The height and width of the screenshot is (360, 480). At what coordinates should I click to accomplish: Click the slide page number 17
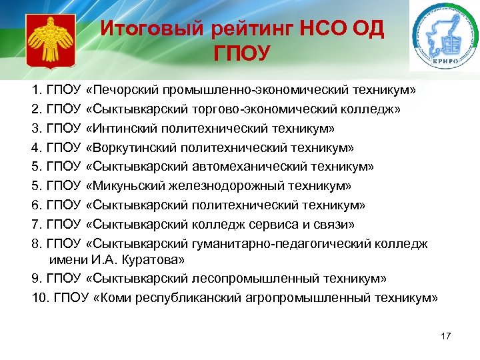[446, 335]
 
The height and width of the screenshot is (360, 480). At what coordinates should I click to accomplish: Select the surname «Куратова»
[157, 259]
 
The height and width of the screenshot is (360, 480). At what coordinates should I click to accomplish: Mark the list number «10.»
[39, 297]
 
